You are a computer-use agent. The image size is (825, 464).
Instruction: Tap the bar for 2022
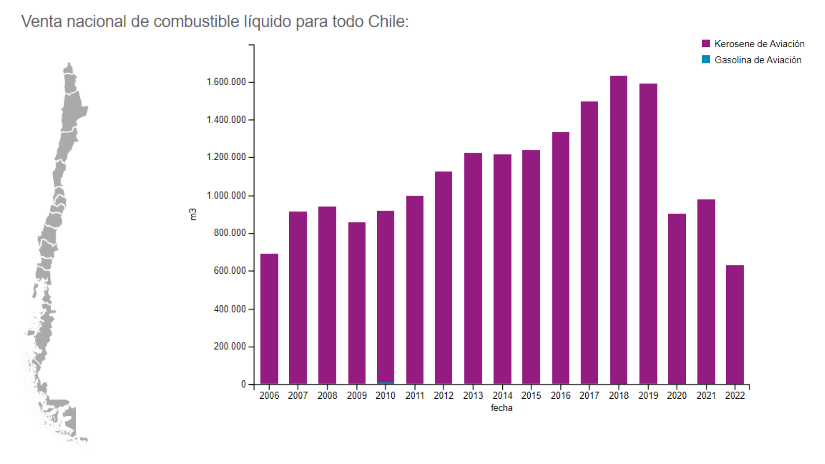click(735, 324)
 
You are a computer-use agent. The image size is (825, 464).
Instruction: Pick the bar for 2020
click(677, 299)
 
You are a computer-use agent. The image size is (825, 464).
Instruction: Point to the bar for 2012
click(443, 278)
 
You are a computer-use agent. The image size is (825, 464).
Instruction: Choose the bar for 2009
click(357, 303)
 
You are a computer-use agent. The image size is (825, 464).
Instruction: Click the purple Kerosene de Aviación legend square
click(706, 43)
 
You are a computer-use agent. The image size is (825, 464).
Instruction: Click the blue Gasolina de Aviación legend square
click(706, 59)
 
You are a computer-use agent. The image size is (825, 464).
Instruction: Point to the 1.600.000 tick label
click(226, 82)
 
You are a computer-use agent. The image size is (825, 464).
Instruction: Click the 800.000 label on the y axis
click(229, 233)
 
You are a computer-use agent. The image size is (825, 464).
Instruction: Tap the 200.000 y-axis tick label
click(229, 346)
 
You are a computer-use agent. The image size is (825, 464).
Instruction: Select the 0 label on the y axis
click(244, 384)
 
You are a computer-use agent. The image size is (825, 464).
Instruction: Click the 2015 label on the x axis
click(531, 396)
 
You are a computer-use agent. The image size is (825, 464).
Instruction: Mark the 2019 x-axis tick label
click(648, 396)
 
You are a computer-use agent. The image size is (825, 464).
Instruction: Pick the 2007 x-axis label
click(298, 396)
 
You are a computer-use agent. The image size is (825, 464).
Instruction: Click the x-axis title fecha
click(501, 408)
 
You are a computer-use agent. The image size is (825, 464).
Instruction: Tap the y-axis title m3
click(193, 214)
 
